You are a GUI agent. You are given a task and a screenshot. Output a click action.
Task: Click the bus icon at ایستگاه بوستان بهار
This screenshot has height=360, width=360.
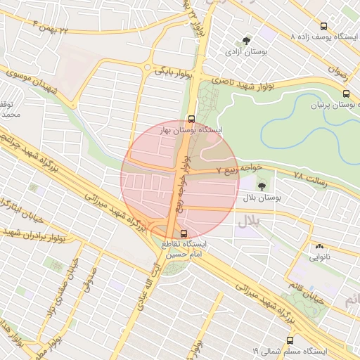191,119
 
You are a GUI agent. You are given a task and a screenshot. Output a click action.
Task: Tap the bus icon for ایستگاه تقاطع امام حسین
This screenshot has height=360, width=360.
184,233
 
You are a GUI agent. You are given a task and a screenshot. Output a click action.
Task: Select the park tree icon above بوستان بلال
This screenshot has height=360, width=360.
262,186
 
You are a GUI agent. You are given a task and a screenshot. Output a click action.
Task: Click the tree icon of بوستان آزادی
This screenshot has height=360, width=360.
246,41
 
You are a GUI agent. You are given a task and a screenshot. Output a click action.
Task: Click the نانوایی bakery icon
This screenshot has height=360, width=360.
319,246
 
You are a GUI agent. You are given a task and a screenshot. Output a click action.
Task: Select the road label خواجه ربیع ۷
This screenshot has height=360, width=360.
239,169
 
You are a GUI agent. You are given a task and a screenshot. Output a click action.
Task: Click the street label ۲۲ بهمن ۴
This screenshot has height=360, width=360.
53,27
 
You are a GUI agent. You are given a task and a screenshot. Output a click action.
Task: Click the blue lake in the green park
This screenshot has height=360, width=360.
309,130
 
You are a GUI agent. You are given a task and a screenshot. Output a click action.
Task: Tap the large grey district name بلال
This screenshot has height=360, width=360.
247,221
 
